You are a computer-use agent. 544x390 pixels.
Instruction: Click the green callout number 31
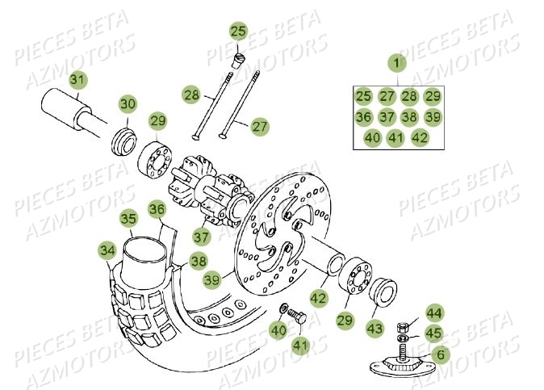76,82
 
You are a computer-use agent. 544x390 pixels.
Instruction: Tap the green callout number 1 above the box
396,61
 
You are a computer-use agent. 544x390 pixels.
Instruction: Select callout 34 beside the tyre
107,251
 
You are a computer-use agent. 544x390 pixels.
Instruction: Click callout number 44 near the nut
434,313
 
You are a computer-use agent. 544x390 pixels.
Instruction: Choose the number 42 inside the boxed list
419,138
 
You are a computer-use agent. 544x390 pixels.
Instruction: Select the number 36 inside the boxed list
363,117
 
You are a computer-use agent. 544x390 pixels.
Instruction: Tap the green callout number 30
128,104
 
